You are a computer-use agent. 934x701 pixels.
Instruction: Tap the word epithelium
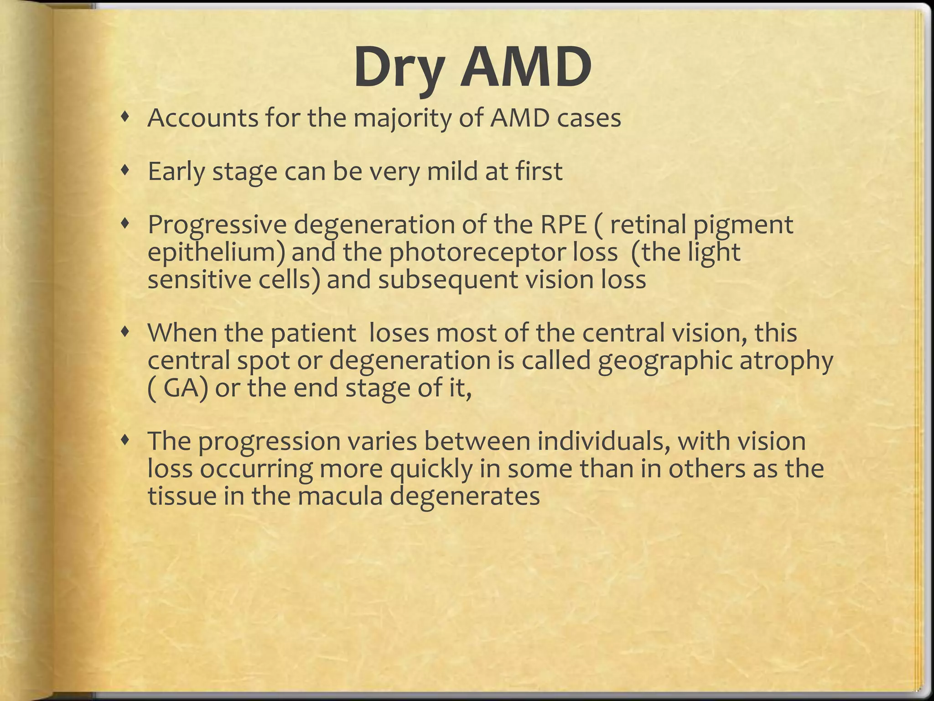point(216,252)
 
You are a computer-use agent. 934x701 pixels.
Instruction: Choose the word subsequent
point(448,280)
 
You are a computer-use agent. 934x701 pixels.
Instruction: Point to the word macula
point(340,496)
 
